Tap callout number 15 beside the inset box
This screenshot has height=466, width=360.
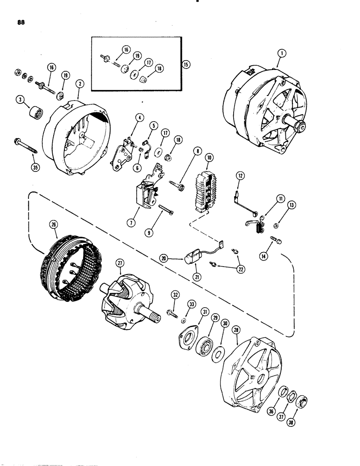pos(186,64)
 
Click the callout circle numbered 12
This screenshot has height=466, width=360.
pos(240,176)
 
